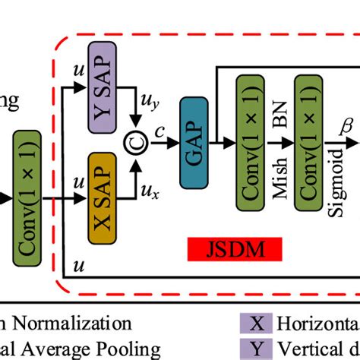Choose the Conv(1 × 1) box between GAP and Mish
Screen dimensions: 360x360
(250, 141)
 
